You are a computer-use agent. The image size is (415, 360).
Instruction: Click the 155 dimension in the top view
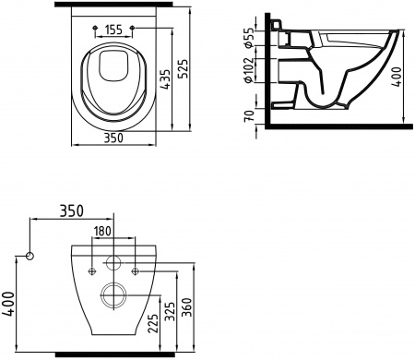[x=115, y=30]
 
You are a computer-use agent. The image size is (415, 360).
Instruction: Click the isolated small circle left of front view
[x=30, y=256]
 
